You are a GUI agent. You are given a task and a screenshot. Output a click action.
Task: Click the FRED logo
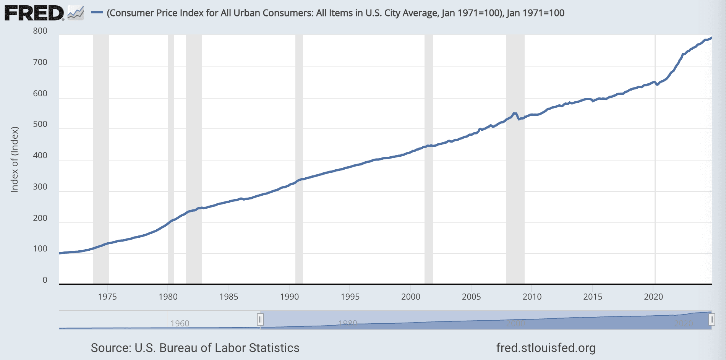pos(34,13)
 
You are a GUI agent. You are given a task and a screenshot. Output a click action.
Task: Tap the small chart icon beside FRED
pos(76,13)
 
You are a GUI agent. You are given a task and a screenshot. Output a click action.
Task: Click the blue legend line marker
pos(97,13)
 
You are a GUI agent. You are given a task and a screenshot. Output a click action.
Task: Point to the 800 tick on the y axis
pos(40,31)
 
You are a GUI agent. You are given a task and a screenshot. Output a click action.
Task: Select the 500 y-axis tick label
pos(40,124)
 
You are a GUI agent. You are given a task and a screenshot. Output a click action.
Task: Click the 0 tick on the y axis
pos(45,280)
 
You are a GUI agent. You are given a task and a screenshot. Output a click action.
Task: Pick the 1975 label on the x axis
pos(107,297)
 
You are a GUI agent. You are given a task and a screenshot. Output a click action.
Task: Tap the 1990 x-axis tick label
pos(289,297)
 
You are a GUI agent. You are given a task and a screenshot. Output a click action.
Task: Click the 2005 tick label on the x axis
pos(471,297)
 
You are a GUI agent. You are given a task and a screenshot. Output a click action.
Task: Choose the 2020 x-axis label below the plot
pos(653,297)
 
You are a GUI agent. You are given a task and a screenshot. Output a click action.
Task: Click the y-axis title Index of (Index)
pos(15,159)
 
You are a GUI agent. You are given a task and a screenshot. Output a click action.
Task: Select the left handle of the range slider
pos(260,319)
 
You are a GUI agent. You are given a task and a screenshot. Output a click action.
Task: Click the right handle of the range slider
pos(712,319)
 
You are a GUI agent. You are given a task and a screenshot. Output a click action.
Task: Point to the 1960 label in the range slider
pos(180,323)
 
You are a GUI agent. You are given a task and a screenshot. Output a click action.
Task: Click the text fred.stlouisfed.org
pos(546,348)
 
